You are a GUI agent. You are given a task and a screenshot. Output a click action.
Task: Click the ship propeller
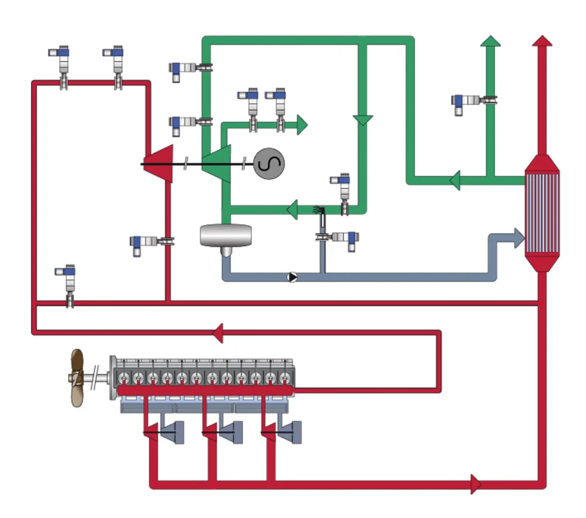76,378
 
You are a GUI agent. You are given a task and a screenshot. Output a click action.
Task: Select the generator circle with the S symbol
269,164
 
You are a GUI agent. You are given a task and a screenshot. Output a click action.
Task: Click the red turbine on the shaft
160,164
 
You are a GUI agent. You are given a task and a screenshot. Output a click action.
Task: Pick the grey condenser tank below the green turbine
225,236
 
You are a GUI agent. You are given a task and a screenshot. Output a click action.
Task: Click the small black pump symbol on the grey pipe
292,277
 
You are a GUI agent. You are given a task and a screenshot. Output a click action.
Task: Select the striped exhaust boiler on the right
541,212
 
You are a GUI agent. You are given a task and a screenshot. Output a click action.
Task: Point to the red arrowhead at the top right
542,41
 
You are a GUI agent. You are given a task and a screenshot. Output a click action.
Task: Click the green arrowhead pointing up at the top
490,41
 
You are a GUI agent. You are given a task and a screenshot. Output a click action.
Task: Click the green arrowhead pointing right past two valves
301,124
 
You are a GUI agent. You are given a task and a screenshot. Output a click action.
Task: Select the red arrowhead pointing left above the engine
217,333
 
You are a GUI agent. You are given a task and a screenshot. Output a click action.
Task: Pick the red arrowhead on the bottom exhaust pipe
475,484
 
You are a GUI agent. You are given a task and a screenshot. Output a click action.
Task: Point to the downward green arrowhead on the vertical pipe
362,120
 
